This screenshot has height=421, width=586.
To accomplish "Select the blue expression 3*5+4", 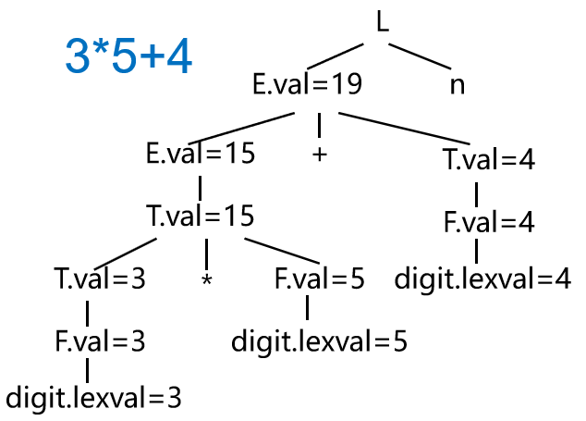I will tap(129, 57).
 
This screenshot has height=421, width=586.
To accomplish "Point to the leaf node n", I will tap(457, 85).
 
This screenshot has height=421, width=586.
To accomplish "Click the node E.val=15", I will tap(201, 154).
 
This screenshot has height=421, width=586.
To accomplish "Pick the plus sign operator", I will tap(320, 155).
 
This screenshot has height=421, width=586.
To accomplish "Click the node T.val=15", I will tap(201, 217).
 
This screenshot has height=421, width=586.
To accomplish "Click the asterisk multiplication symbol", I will tap(207, 279).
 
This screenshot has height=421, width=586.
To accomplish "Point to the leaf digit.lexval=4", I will tap(482, 279).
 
